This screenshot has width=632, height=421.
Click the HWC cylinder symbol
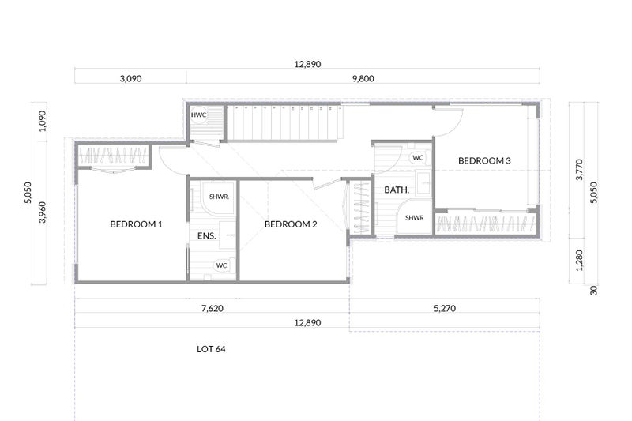tap(199, 115)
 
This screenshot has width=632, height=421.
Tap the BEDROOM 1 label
tap(136, 224)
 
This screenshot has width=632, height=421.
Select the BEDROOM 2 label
tap(291, 224)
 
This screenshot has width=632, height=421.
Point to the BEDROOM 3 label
tap(484, 161)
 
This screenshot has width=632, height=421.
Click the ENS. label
tap(207, 236)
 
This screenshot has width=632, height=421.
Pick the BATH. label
tap(397, 190)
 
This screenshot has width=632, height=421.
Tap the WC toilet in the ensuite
tap(221, 265)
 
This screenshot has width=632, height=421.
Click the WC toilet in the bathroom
tap(418, 157)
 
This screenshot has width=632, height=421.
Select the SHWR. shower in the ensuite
tap(218, 197)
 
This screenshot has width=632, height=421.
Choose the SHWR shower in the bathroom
tap(414, 217)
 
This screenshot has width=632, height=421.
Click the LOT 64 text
tap(211, 349)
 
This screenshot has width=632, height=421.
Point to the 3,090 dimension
tap(130, 78)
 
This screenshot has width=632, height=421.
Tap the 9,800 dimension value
tap(363, 78)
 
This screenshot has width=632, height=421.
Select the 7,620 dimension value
tap(212, 309)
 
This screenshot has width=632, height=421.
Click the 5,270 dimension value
tap(445, 309)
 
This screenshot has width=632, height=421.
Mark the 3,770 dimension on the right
tap(579, 170)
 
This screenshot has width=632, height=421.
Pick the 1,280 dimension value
tap(579, 261)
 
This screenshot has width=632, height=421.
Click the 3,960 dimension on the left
tap(42, 212)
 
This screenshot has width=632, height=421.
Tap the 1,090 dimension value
tap(42, 121)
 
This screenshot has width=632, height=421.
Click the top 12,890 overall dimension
tap(307, 64)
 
